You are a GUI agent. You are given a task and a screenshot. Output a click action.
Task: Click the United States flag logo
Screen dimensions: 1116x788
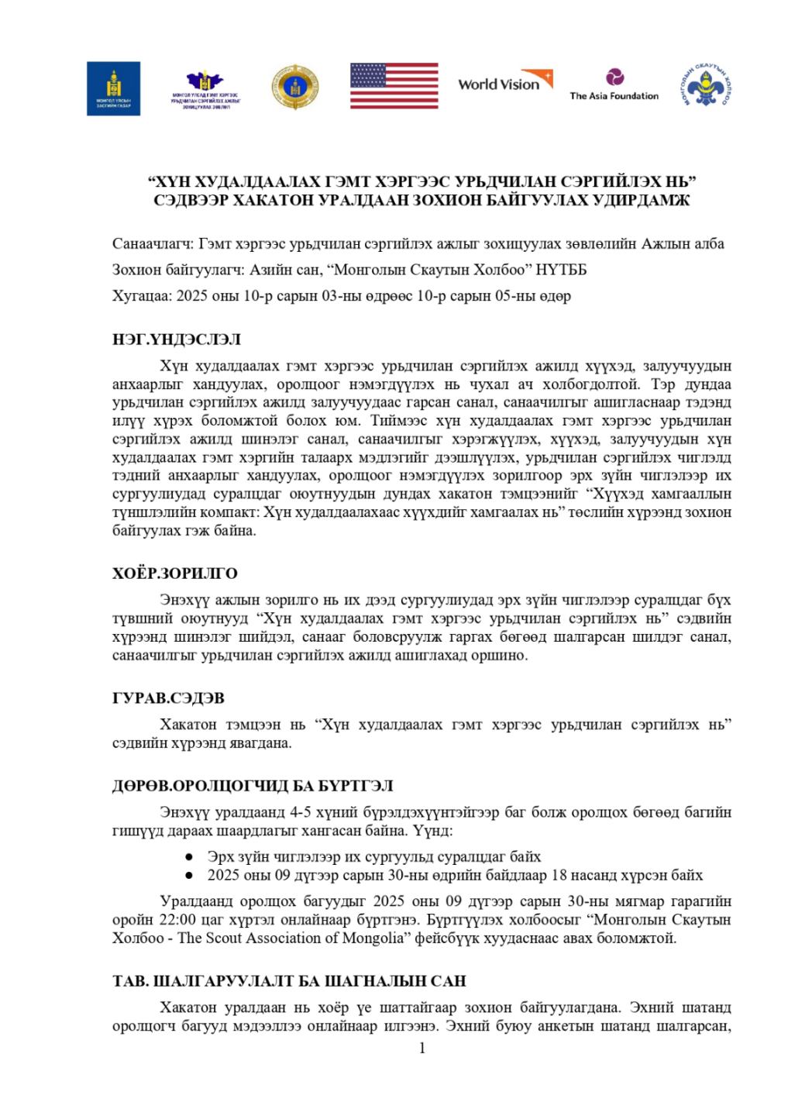[x=394, y=85]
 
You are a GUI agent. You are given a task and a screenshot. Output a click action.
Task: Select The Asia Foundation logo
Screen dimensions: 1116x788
[x=614, y=85]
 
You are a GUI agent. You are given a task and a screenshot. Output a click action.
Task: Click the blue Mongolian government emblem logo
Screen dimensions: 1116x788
[x=113, y=88]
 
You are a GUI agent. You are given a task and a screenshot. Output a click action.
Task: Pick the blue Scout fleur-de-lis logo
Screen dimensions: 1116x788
[x=709, y=85]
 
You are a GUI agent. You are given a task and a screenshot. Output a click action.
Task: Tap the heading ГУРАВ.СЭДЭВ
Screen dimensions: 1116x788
[x=168, y=698]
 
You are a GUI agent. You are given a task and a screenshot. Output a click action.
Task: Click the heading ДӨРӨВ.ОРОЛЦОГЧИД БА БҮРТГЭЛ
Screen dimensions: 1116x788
[x=253, y=786]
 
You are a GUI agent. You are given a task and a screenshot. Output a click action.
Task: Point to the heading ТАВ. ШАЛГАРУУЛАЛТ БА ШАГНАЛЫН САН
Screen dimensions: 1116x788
[x=289, y=981]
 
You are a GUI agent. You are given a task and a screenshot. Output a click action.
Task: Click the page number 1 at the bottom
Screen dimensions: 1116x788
[x=422, y=1049]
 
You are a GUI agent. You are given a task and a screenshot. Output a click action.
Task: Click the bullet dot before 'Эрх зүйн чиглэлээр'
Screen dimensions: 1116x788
[x=189, y=857]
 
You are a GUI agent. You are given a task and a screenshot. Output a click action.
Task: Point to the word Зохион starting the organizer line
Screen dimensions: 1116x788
[x=136, y=270]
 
